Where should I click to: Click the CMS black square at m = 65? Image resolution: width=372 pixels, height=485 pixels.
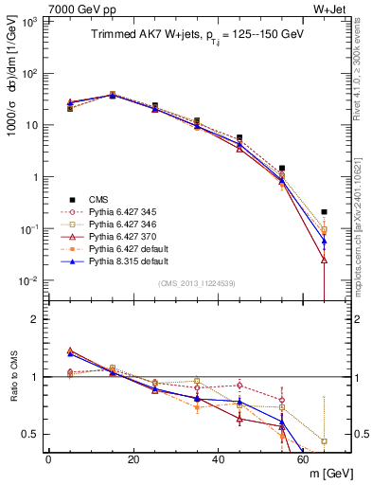[x=325, y=212]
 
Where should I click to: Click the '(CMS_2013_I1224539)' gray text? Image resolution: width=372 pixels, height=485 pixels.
[x=196, y=282]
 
